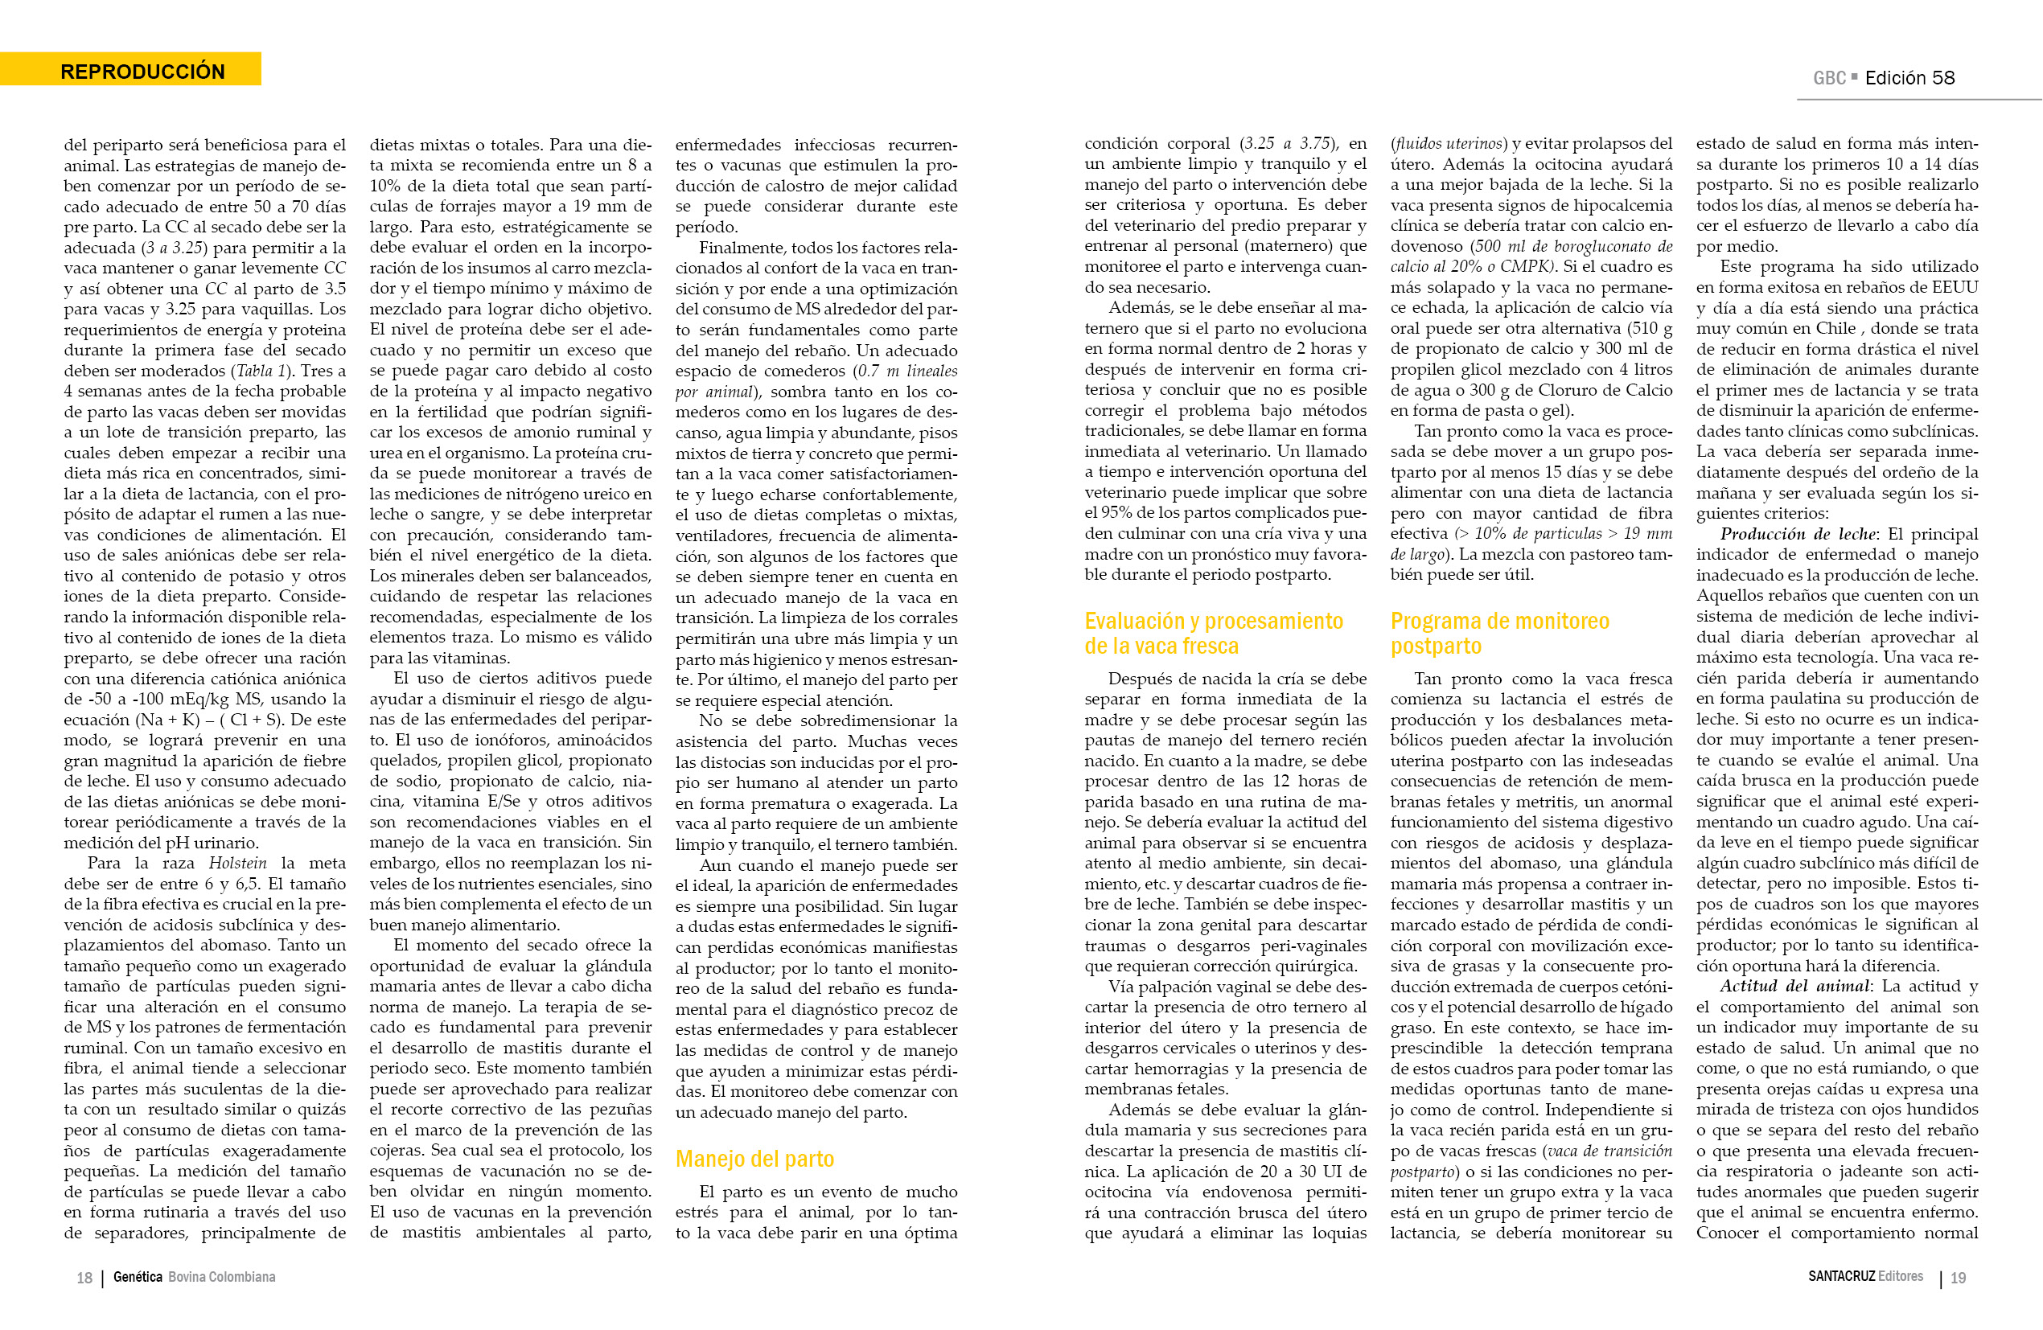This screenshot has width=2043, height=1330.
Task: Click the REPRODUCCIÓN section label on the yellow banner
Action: tap(142, 72)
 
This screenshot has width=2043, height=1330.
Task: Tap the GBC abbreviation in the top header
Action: tap(1828, 78)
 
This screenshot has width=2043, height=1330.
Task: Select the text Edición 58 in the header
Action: tap(1910, 78)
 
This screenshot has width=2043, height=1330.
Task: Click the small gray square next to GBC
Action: tap(1854, 76)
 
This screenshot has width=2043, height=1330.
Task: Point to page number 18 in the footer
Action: tap(84, 1278)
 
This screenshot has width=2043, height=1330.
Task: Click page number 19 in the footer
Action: tap(1958, 1278)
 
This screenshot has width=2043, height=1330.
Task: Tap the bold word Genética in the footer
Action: tap(138, 1277)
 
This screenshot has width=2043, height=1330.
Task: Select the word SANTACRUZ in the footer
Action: tap(1841, 1276)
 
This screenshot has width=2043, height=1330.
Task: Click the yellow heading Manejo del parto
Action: tap(754, 1159)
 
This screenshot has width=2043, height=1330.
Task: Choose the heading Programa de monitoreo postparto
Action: tap(1498, 634)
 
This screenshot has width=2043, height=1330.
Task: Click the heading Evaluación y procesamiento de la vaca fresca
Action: tap(1213, 634)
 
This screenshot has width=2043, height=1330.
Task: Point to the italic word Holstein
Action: tap(237, 863)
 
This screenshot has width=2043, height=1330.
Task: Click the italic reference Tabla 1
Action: tap(254, 371)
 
